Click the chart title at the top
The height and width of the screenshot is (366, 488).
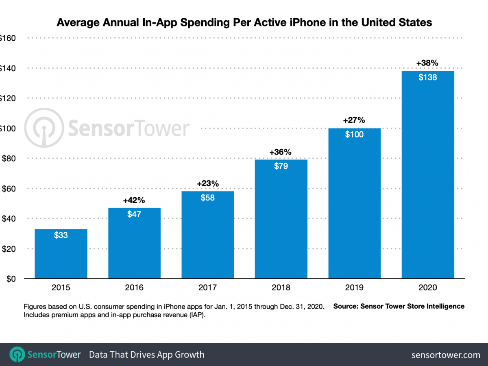(x=244, y=22)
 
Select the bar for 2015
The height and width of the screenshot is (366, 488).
(x=61, y=254)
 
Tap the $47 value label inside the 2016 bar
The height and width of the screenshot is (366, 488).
(x=134, y=214)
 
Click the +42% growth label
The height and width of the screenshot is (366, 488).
(x=134, y=200)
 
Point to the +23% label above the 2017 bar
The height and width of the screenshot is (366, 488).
(x=208, y=184)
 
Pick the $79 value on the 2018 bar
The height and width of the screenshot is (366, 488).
(x=281, y=166)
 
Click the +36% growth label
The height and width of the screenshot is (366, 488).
(x=281, y=152)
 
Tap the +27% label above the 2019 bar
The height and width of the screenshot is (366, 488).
(x=354, y=120)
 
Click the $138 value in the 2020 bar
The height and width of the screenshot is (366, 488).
(x=428, y=77)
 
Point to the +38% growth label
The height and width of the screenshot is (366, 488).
(x=427, y=63)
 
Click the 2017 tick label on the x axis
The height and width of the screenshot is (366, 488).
(x=208, y=288)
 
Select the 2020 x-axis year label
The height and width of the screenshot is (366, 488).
(x=428, y=288)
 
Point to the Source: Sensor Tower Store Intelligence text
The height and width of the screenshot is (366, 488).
(x=399, y=306)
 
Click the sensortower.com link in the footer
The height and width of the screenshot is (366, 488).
(x=446, y=355)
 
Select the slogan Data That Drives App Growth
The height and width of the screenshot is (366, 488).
(x=146, y=355)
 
